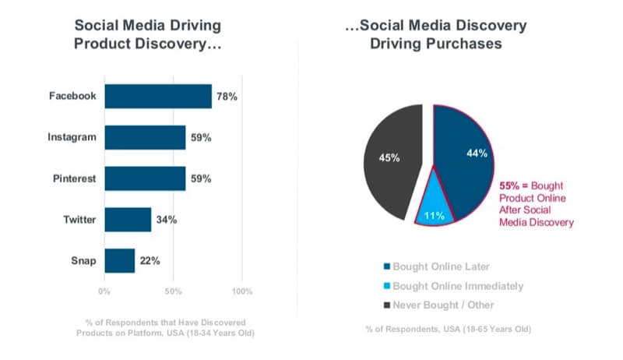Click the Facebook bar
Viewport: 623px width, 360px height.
(x=157, y=97)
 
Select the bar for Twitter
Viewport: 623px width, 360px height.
(x=128, y=220)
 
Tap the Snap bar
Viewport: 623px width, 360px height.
(x=119, y=261)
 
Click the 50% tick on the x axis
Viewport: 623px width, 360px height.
(x=173, y=291)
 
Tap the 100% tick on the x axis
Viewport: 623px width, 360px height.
(x=242, y=291)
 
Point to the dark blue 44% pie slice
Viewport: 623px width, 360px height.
(x=467, y=156)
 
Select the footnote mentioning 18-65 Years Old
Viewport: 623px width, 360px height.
(x=449, y=329)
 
